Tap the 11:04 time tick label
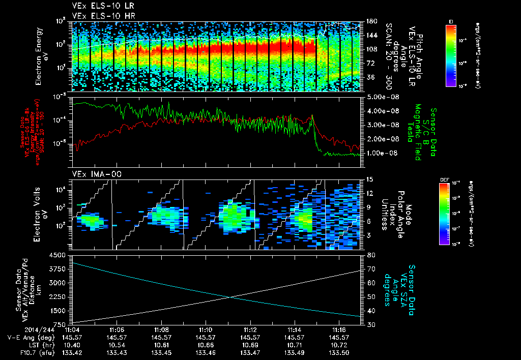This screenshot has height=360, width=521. pos(73,329)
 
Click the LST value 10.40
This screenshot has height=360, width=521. pos(73,345)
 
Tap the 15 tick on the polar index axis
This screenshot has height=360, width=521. pos(369,179)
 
